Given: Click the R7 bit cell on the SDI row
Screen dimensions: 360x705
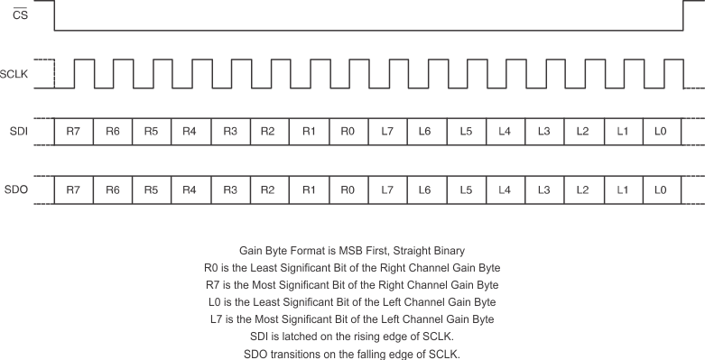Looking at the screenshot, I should point(73,132).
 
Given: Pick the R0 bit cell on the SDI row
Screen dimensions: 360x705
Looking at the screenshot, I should point(348,132).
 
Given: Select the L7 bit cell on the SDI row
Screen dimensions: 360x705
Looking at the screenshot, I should point(387,132).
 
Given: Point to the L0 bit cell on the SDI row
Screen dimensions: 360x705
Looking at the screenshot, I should point(661,132).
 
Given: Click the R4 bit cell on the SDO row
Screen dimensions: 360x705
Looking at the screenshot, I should point(190,190).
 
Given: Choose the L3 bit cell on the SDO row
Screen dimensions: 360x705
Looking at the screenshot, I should point(543,190).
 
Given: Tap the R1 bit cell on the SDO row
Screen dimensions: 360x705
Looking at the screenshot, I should point(309,190).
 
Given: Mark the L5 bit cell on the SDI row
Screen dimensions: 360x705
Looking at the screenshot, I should point(465,132).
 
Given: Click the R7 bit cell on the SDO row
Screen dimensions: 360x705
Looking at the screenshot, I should point(73,190).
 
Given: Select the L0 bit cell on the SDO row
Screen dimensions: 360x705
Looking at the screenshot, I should point(661,190).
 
